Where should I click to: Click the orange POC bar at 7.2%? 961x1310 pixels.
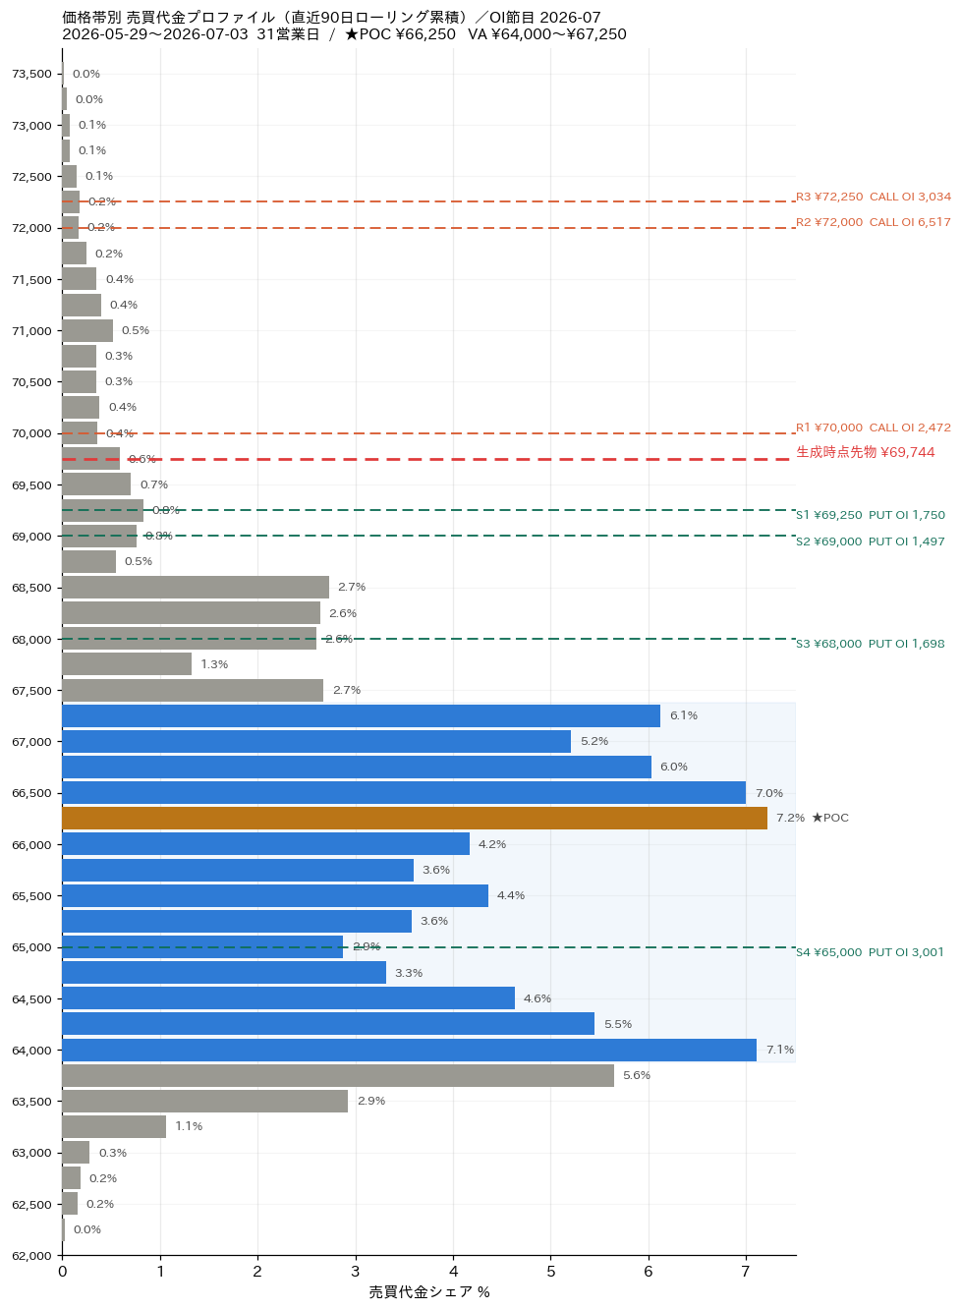pyautogui.click(x=414, y=818)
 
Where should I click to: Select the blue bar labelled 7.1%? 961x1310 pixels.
pyautogui.click(x=409, y=1050)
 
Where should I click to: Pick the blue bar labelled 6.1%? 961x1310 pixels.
pyautogui.click(x=361, y=715)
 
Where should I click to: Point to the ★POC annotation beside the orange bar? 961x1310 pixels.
pyautogui.click(x=830, y=818)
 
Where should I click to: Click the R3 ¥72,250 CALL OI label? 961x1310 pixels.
pyautogui.click(x=874, y=197)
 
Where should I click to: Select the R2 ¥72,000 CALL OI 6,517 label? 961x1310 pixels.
pyautogui.click(x=874, y=222)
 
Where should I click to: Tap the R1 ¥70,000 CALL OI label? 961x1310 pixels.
pyautogui.click(x=874, y=427)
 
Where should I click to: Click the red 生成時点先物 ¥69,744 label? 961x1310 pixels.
pyautogui.click(x=865, y=452)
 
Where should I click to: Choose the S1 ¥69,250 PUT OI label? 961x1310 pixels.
pyautogui.click(x=871, y=515)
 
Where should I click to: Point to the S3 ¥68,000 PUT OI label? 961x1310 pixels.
pyautogui.click(x=871, y=644)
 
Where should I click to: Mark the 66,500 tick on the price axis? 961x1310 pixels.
pyautogui.click(x=31, y=793)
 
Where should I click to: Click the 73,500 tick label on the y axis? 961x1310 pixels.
pyautogui.click(x=31, y=74)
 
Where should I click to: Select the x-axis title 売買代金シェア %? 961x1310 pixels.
pyautogui.click(x=429, y=1292)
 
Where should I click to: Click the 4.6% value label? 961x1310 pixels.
pyautogui.click(x=537, y=998)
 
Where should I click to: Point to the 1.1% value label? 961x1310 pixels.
pyautogui.click(x=189, y=1126)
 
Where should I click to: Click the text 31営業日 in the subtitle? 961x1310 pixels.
pyautogui.click(x=288, y=34)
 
